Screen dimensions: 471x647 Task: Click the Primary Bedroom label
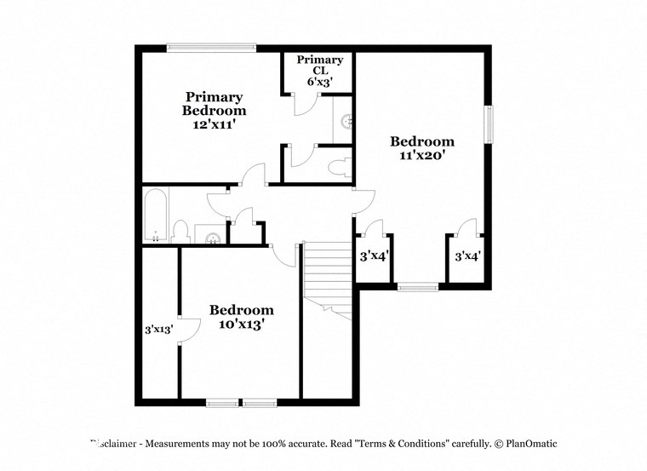(215, 103)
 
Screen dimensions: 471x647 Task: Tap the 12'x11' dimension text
(215, 123)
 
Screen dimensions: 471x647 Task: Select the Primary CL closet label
(319, 66)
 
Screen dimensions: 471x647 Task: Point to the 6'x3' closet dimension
(319, 82)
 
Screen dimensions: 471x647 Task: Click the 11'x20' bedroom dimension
(422, 156)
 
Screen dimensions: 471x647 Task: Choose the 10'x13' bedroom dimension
(242, 324)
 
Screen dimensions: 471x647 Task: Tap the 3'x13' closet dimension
(159, 329)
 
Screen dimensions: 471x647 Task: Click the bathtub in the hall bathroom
(155, 215)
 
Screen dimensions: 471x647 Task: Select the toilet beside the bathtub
(180, 231)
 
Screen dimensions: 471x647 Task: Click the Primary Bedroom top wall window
(212, 48)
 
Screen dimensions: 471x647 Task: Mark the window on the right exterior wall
(489, 124)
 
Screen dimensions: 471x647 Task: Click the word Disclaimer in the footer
(113, 444)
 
